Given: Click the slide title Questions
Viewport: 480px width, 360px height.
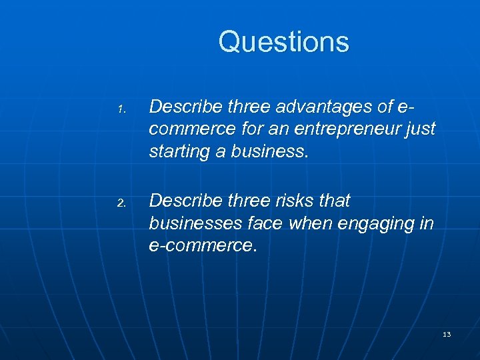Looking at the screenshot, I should click(283, 41).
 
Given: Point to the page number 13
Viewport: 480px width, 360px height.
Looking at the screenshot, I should click(447, 334).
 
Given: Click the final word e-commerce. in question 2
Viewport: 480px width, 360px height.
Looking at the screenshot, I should click(203, 246).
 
